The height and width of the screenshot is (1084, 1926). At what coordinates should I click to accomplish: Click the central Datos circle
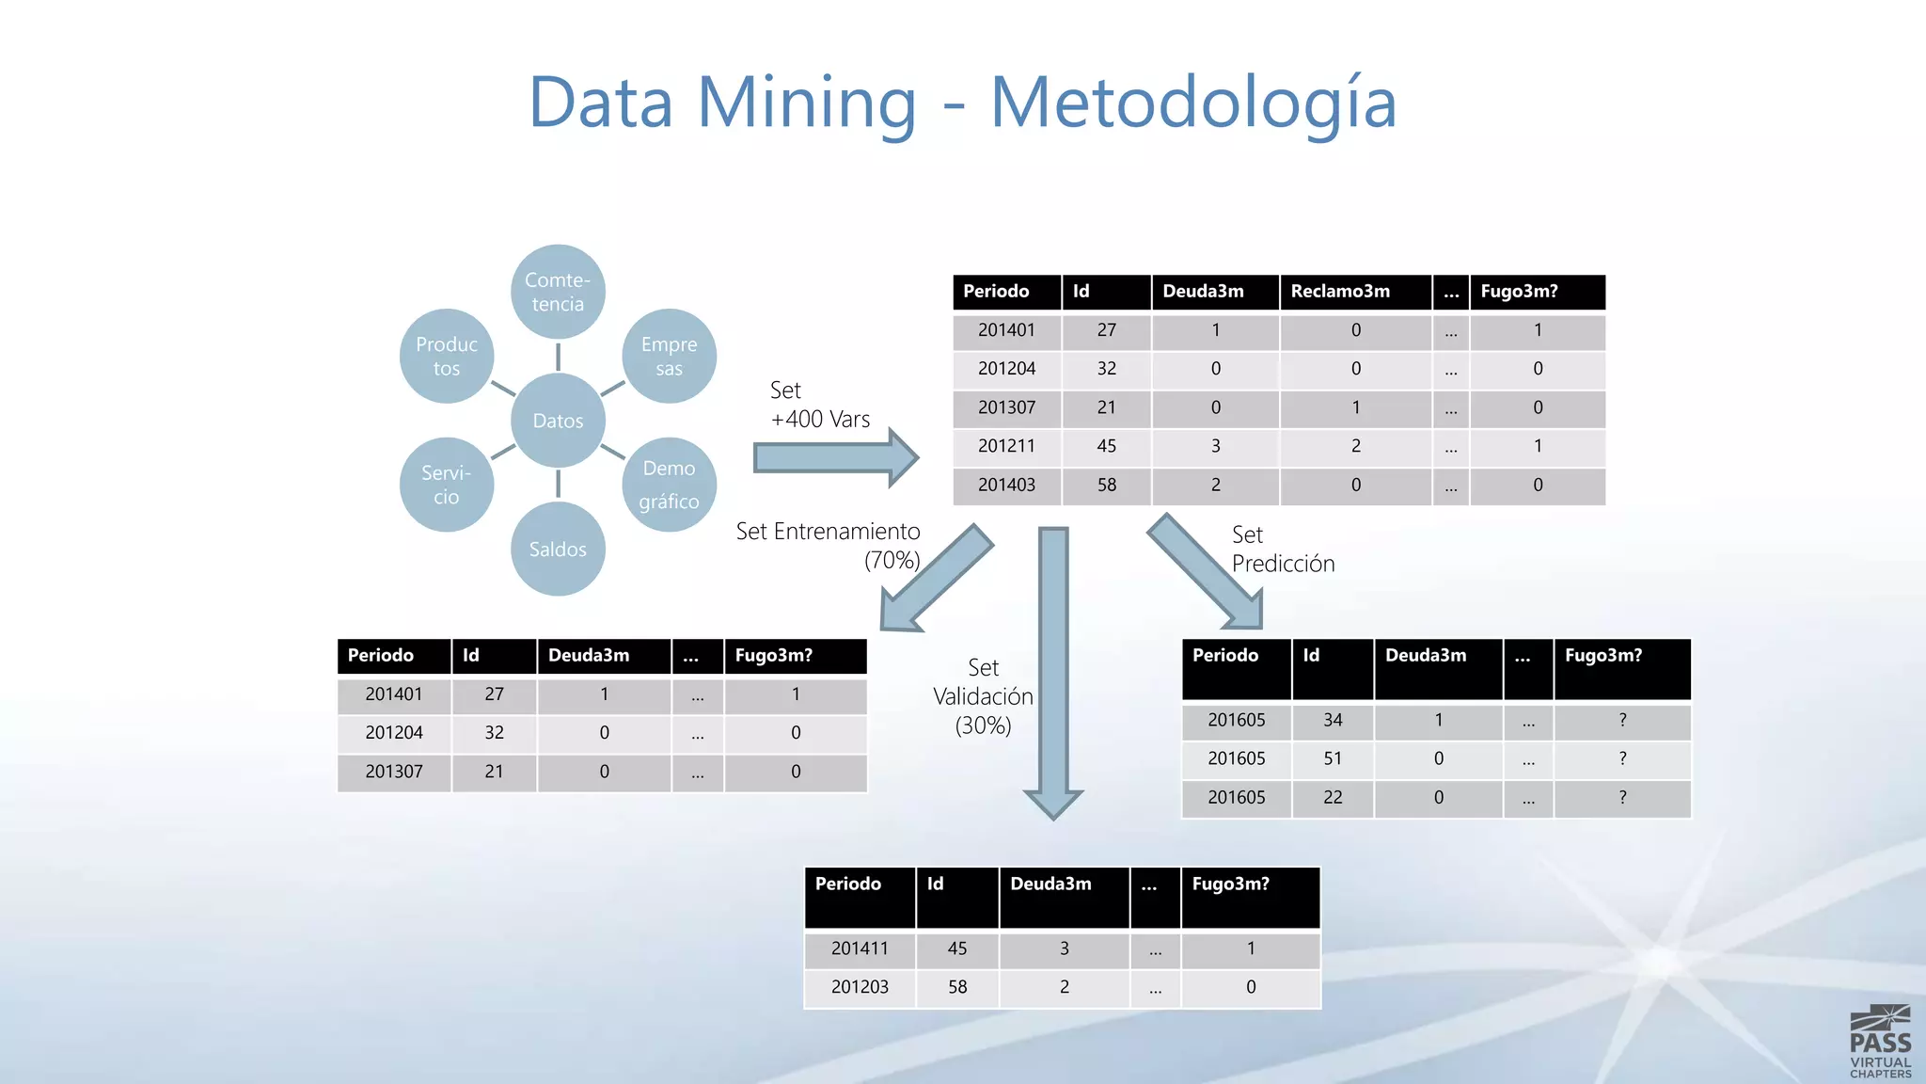(x=558, y=421)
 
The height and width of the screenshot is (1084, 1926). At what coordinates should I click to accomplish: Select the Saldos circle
(x=558, y=549)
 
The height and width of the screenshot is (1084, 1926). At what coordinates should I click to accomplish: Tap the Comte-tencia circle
(x=558, y=292)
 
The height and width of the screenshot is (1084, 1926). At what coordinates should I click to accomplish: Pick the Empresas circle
(x=669, y=356)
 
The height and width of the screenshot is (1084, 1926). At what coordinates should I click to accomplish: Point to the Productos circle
(x=447, y=356)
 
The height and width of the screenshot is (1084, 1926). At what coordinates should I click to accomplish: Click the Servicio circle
(x=447, y=485)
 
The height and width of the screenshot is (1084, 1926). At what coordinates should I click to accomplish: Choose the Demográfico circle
(x=669, y=485)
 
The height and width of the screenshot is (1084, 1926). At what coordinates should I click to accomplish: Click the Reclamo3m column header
(x=1340, y=292)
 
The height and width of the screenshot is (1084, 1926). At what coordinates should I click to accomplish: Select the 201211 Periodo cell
(x=1006, y=446)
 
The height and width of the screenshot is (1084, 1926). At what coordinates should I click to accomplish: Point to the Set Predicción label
(x=1283, y=549)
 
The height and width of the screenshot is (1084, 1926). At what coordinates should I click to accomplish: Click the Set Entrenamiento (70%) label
(x=828, y=546)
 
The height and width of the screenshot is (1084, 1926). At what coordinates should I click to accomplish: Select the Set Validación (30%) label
(x=983, y=696)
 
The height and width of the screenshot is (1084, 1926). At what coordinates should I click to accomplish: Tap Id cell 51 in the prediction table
(x=1333, y=758)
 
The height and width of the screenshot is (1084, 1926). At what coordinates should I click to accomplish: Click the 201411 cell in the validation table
(x=860, y=948)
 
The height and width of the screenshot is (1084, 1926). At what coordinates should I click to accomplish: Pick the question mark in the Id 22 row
(x=1622, y=797)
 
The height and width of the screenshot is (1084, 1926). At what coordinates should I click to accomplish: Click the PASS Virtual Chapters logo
(x=1880, y=1042)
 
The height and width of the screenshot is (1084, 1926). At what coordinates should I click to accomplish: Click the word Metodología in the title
(x=1192, y=104)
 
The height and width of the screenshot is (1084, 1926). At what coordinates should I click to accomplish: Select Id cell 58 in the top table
(x=1106, y=485)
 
